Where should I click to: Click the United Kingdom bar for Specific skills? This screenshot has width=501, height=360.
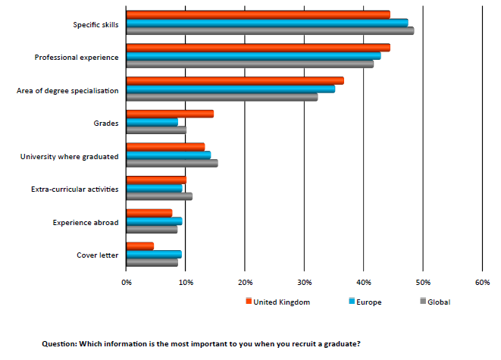click(258, 14)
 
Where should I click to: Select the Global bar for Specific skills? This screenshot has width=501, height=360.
click(270, 31)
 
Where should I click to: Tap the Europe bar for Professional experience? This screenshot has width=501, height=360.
click(253, 56)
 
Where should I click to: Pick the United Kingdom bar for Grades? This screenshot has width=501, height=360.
click(170, 114)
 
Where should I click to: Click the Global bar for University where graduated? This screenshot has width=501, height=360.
click(172, 163)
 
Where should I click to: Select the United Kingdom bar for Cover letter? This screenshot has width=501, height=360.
click(140, 246)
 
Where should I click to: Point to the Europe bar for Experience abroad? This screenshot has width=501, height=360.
click(154, 221)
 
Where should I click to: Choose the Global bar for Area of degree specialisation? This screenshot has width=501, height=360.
click(222, 97)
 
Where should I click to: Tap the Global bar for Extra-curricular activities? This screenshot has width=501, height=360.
click(159, 196)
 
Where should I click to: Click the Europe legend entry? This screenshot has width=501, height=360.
click(368, 302)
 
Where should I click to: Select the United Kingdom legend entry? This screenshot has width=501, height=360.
click(281, 302)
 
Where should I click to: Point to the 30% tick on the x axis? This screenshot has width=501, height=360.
click(304, 282)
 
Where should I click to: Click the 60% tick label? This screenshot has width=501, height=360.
click(482, 282)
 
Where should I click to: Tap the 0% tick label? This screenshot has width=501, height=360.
click(127, 282)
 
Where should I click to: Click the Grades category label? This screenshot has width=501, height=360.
click(105, 123)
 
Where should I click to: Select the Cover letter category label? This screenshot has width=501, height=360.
click(98, 255)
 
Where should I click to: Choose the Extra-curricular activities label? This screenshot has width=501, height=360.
click(75, 189)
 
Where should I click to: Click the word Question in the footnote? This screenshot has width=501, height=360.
click(58, 343)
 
